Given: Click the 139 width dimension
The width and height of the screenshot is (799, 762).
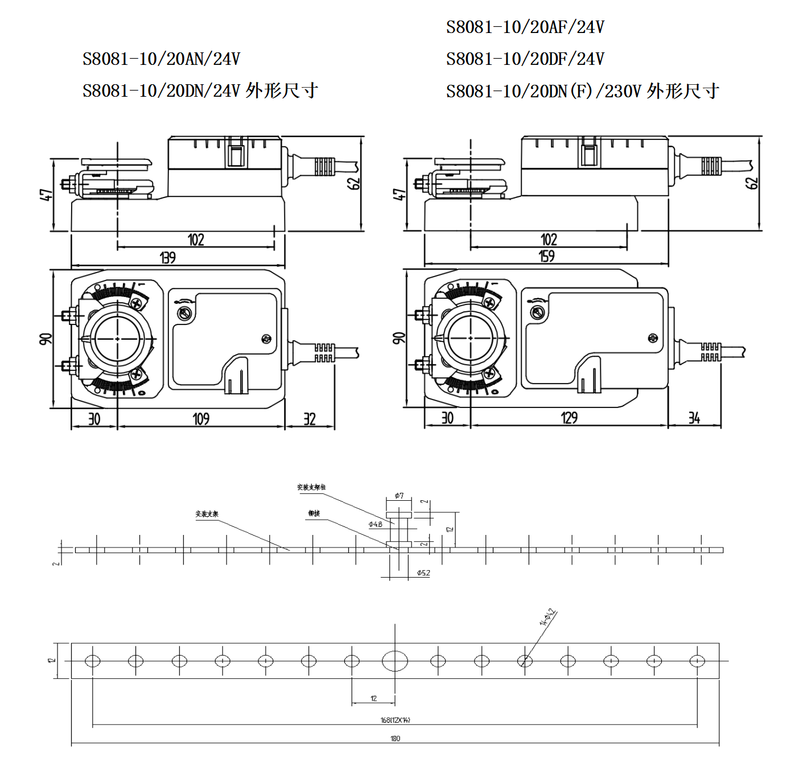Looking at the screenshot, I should [x=168, y=258].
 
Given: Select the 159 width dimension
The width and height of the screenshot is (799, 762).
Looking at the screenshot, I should [x=547, y=256].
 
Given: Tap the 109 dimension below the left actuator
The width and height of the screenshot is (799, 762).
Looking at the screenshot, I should [x=201, y=419].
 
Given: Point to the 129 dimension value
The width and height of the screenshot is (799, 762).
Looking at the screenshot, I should [x=569, y=418].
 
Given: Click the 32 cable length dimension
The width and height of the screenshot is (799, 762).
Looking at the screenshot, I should [x=309, y=419].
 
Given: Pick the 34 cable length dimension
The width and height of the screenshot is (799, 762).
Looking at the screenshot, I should [x=694, y=418].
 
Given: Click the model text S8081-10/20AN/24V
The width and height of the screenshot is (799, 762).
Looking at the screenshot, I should [x=161, y=59].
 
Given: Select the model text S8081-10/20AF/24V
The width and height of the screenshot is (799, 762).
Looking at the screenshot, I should [x=525, y=27].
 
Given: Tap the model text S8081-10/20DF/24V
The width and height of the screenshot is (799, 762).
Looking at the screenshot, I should [x=525, y=59].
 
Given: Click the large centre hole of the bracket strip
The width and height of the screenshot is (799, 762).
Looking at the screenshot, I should [x=395, y=661].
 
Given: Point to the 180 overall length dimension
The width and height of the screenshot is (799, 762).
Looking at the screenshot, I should [x=395, y=739].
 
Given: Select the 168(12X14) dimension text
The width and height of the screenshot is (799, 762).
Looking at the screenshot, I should [x=395, y=720].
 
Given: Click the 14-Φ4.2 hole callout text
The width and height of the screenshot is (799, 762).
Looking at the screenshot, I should [x=547, y=617].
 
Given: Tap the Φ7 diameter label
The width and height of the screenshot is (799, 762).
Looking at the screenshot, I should [x=399, y=496].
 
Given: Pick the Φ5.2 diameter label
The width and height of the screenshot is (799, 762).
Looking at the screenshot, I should [x=423, y=573].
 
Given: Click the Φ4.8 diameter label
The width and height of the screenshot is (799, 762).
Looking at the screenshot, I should [x=376, y=524].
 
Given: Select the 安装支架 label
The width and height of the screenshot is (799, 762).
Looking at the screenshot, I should [x=207, y=514].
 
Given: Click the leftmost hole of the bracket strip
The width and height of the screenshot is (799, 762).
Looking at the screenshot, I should [x=93, y=661].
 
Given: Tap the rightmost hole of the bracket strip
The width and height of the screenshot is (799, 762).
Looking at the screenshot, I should [x=697, y=661].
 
